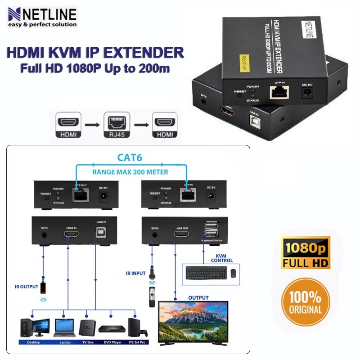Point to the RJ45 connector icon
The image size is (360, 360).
pos(115,126)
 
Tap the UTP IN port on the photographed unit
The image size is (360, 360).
pos(279,93)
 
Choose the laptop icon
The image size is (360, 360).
pos(63,327)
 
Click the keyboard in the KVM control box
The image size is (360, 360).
pos(206,272)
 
